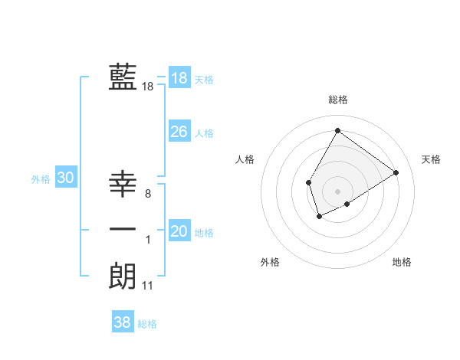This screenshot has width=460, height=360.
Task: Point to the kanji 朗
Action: (x=123, y=276)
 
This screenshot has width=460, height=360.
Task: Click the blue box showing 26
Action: (x=179, y=132)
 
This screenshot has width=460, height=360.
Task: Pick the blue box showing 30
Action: (x=66, y=178)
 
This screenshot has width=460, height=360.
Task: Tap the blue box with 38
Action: (x=123, y=322)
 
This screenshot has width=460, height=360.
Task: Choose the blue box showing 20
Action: (x=179, y=231)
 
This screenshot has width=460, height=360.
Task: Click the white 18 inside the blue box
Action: (x=179, y=77)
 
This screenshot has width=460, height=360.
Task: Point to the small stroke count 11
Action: (x=148, y=286)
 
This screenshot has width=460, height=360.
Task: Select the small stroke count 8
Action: (x=148, y=195)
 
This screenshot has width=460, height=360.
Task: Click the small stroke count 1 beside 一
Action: (x=148, y=241)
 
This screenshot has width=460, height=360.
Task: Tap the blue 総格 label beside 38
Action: (x=147, y=324)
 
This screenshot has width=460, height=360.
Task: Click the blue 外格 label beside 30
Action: (x=41, y=179)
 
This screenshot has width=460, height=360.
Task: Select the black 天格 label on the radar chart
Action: (x=431, y=159)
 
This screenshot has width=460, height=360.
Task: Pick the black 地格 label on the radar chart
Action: (x=402, y=262)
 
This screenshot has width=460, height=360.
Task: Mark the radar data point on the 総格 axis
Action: (x=337, y=130)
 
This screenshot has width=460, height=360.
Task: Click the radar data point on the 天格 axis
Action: (x=396, y=172)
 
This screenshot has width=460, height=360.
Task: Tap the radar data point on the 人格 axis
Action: (x=308, y=182)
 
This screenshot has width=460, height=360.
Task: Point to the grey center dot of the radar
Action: (x=337, y=191)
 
